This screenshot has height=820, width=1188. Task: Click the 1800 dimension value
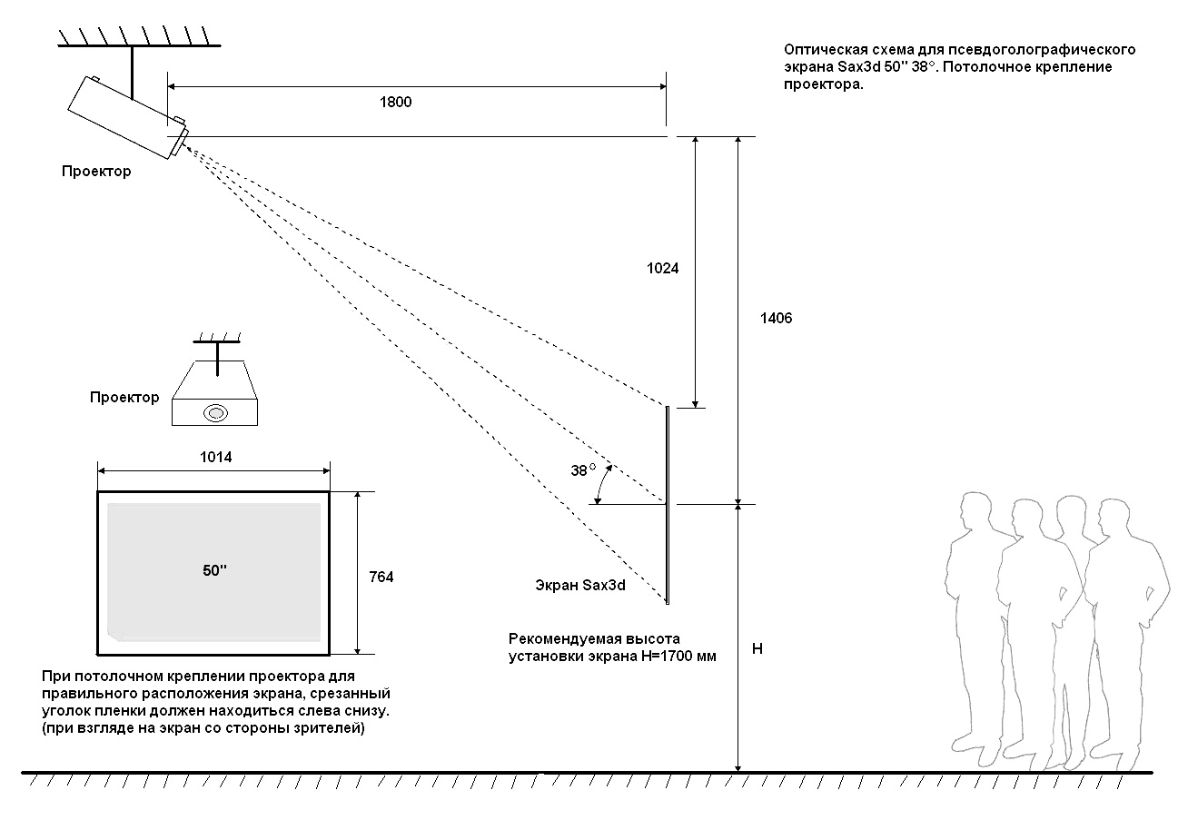click(396, 102)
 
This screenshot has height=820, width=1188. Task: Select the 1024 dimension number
click(662, 269)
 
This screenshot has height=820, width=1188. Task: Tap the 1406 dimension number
click(776, 318)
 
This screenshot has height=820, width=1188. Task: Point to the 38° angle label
click(583, 470)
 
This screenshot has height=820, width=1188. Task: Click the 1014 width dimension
click(216, 457)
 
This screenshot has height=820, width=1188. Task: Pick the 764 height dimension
click(381, 577)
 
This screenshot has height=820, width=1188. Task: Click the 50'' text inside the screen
click(214, 570)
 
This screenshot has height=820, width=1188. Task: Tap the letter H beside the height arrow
click(757, 648)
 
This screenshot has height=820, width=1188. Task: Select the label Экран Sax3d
click(580, 585)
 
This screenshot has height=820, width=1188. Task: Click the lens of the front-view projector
click(216, 412)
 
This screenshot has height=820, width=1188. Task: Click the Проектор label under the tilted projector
click(96, 172)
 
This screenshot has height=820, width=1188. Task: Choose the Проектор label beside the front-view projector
click(124, 397)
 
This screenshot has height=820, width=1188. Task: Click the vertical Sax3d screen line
click(668, 505)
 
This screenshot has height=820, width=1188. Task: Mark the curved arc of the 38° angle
click(602, 484)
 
